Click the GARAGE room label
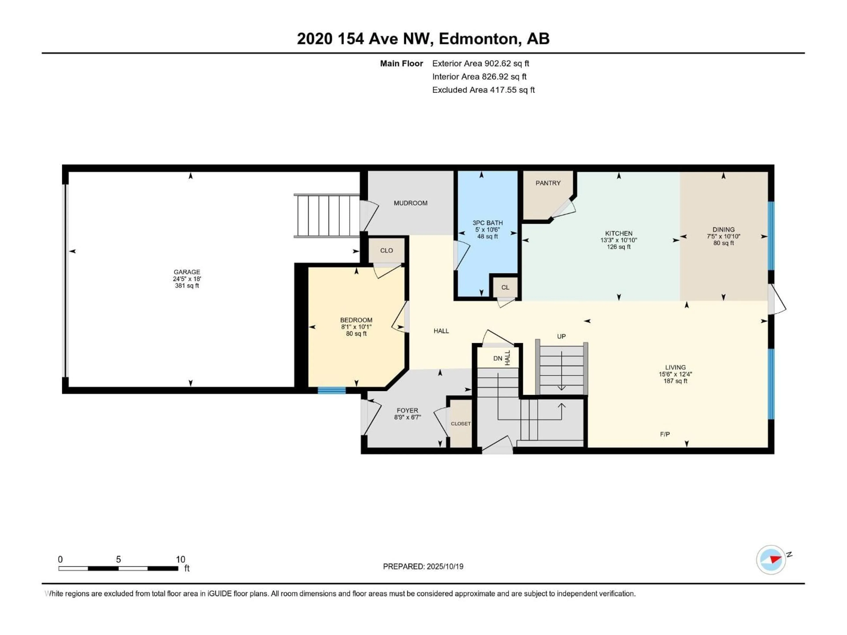click(x=187, y=272)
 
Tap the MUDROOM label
click(x=410, y=203)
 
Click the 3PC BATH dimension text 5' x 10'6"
click(x=487, y=230)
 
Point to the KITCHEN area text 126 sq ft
click(x=618, y=247)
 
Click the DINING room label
click(x=723, y=230)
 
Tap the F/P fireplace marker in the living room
click(x=665, y=434)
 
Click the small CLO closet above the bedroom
click(x=386, y=250)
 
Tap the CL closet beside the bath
click(x=505, y=288)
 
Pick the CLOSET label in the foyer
click(x=461, y=424)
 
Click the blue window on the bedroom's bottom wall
click(x=332, y=390)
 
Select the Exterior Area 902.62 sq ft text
click(x=481, y=63)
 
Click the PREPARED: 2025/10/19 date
click(x=423, y=566)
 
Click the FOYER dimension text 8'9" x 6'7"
click(x=407, y=417)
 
